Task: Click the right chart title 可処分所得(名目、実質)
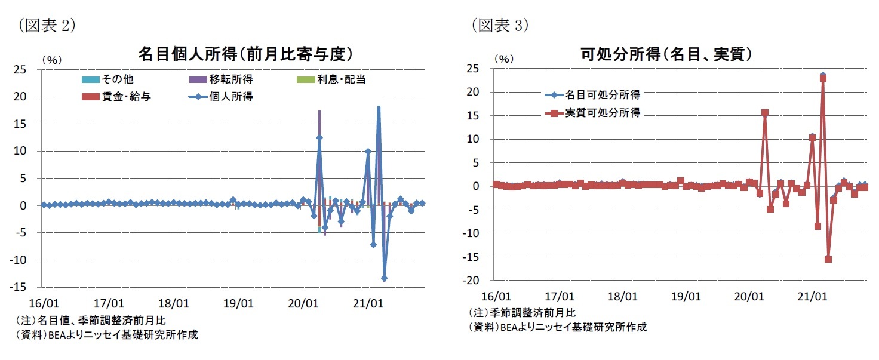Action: tap(665, 54)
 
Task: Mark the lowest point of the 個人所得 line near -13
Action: tap(384, 278)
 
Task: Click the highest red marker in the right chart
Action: tap(823, 78)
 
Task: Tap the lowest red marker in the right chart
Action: tap(828, 259)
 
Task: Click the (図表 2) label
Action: tap(47, 26)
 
